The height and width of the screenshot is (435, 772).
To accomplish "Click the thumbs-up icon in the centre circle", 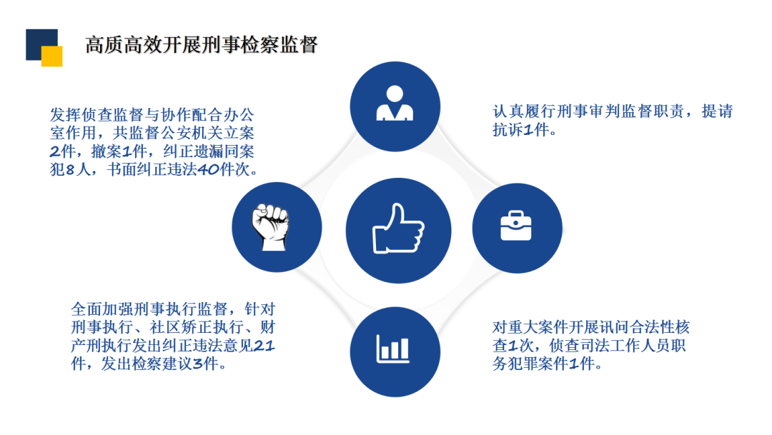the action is click(398, 229).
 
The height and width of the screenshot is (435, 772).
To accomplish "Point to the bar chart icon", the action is click(394, 349).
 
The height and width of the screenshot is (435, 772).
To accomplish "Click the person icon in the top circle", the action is click(394, 103).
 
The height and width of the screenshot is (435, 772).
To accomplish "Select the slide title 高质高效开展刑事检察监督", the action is click(202, 44).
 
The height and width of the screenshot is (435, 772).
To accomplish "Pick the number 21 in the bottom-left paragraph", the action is click(264, 346).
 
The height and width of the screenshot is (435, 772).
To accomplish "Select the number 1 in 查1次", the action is click(513, 346).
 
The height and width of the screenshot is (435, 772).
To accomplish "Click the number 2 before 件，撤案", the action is click(56, 151).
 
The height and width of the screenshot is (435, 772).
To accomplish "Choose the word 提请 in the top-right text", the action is click(717, 111).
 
